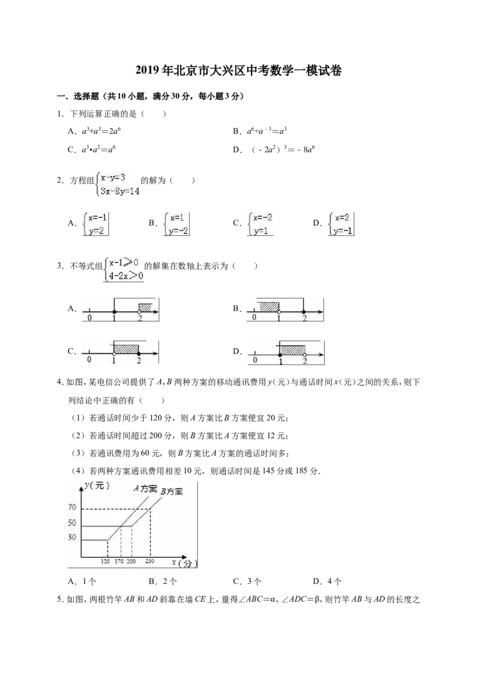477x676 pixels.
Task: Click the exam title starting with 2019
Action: pos(238,70)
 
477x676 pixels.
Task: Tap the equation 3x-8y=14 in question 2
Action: pos(120,191)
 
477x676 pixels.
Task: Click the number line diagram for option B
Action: pos(286,309)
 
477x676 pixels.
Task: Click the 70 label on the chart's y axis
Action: pos(72,508)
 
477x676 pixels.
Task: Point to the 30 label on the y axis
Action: pos(72,537)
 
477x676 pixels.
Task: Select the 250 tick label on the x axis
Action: pos(150,561)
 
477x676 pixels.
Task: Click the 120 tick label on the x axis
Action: pos(106,561)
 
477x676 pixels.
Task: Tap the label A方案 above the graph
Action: pos(145,488)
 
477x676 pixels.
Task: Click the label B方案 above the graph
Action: pos(172,491)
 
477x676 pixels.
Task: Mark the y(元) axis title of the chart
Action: pos(97,486)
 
